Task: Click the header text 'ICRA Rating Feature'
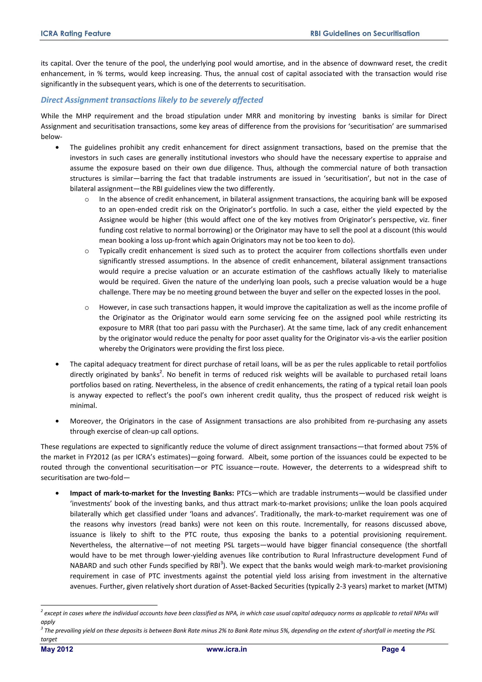tap(76, 34)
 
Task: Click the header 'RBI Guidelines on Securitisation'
tap(365, 34)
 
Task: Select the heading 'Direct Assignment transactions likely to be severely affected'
tap(152, 100)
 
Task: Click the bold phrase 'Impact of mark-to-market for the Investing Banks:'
tap(152, 493)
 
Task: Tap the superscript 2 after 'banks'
tap(161, 372)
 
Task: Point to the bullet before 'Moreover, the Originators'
tap(57, 421)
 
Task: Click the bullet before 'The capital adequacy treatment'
tap(57, 364)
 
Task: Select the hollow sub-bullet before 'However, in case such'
tap(87, 308)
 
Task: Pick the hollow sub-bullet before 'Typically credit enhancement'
tap(87, 251)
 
